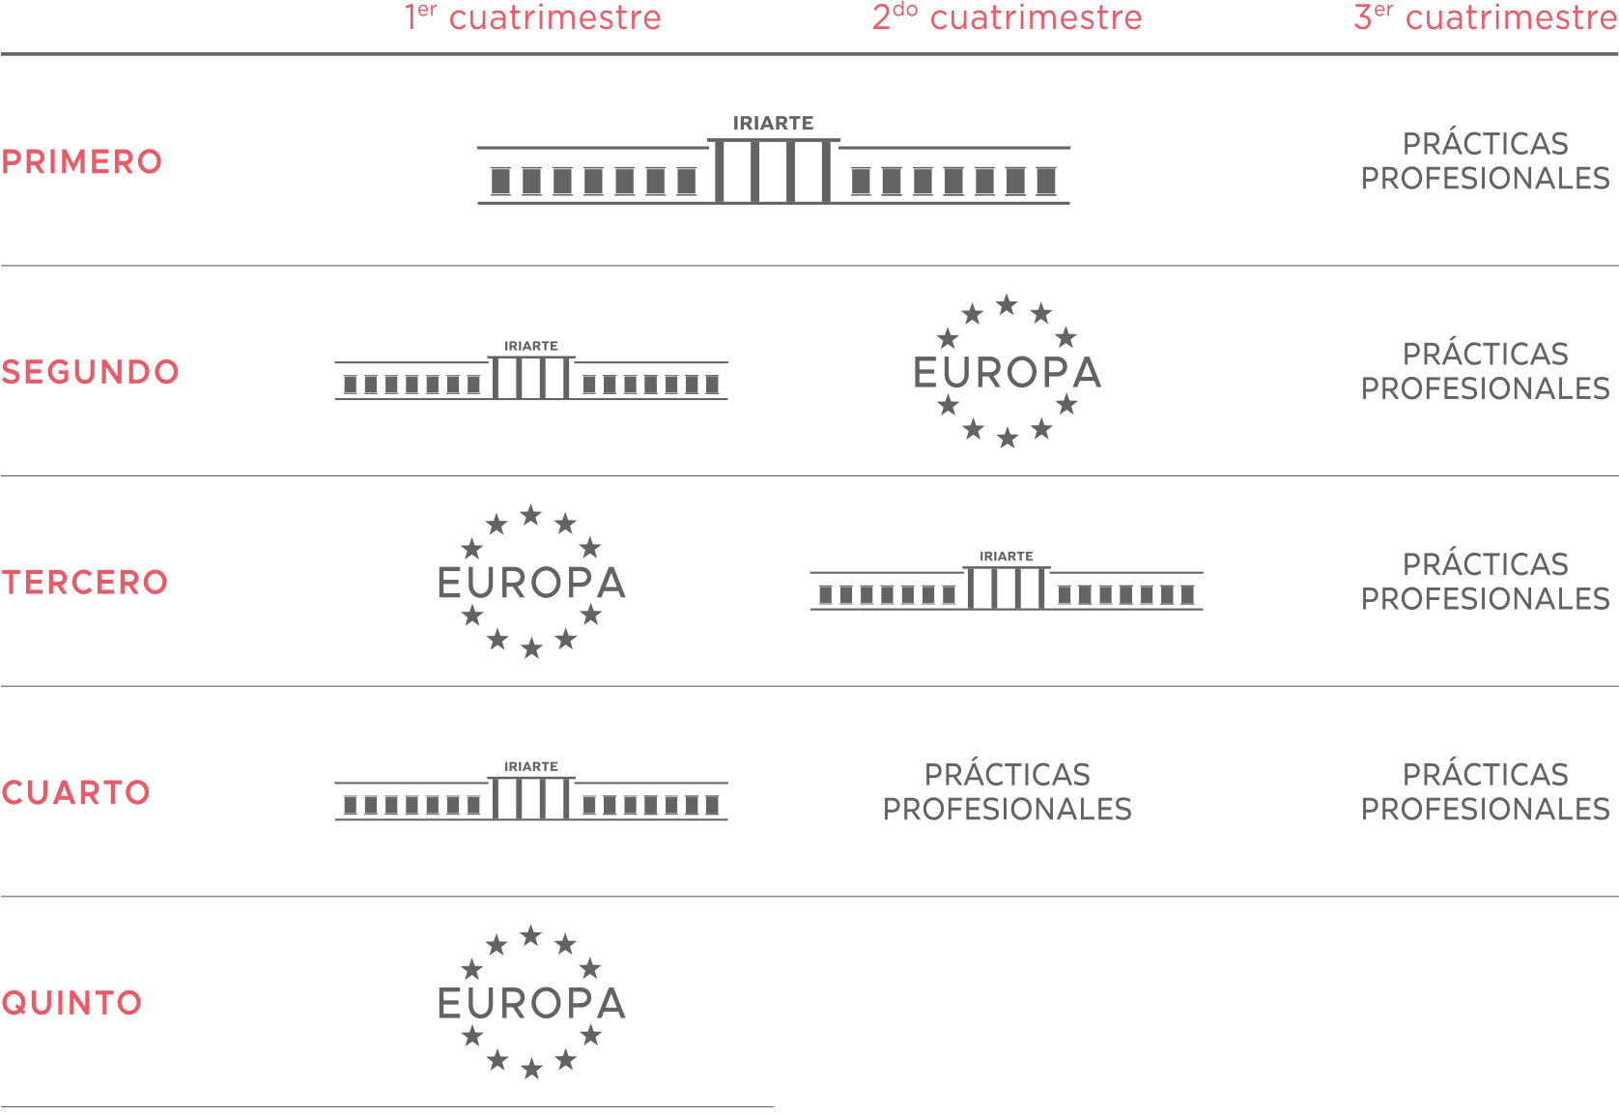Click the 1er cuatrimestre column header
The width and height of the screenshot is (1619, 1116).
pos(532,17)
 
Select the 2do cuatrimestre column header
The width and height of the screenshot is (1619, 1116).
pos(1007,17)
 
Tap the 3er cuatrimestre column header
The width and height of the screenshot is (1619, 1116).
pos(1486,17)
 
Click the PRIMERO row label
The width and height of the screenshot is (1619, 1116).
pos(82,162)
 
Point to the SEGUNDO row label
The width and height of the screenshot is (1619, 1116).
pos(91,372)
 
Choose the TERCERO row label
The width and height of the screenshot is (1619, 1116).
pos(85,583)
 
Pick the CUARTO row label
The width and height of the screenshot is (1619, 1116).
pos(76,793)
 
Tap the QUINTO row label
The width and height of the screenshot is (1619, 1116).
pos(71,1003)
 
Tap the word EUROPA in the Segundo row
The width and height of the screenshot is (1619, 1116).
pos(1007,373)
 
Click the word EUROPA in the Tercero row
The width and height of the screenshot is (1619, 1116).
pos(531,584)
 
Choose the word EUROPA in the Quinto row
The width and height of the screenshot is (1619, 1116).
pos(531,1004)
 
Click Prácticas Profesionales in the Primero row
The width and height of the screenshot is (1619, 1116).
pos(1486,161)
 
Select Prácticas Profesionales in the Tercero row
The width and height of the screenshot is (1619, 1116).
pos(1486,582)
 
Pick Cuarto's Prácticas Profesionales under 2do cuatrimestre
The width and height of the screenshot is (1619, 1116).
pos(1007,792)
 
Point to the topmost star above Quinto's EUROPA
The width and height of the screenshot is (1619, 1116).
pos(531,936)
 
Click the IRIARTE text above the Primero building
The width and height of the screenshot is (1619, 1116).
pos(774,123)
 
